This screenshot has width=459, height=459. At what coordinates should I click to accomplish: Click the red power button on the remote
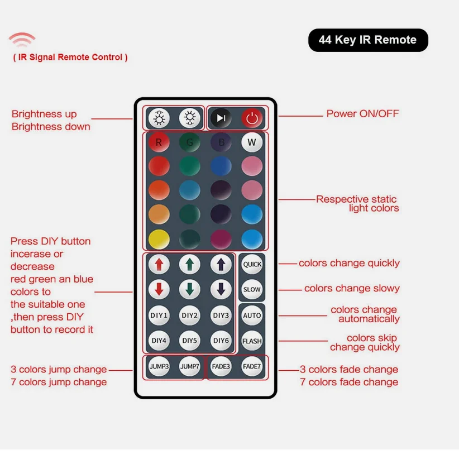[x=252, y=118]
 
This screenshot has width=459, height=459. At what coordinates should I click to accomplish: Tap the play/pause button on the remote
[x=221, y=118]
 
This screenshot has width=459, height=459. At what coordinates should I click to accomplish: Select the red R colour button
[x=159, y=142]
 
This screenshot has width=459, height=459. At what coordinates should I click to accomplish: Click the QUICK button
[x=252, y=264]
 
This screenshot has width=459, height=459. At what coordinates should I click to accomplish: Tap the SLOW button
[x=252, y=289]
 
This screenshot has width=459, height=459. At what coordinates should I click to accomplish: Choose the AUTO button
[x=252, y=315]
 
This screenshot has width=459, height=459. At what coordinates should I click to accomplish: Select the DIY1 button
[x=159, y=315]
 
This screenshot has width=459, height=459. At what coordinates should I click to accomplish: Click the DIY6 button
[x=221, y=341]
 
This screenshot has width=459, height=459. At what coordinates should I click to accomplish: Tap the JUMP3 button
[x=159, y=366]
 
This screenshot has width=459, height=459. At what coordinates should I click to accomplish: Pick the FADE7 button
[x=252, y=366]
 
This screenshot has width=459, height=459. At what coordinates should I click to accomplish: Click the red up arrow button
[x=159, y=264]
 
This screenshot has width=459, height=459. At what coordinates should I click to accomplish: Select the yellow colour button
[x=159, y=239]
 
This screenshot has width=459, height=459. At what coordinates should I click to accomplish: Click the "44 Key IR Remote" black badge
[x=368, y=40]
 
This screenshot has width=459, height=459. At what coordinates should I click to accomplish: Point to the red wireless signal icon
[x=22, y=40]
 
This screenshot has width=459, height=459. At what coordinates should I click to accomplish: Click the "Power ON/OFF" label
[x=362, y=113]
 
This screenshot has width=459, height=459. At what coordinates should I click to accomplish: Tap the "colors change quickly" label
[x=349, y=263]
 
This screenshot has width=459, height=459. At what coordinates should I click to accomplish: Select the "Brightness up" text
[x=44, y=114]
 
